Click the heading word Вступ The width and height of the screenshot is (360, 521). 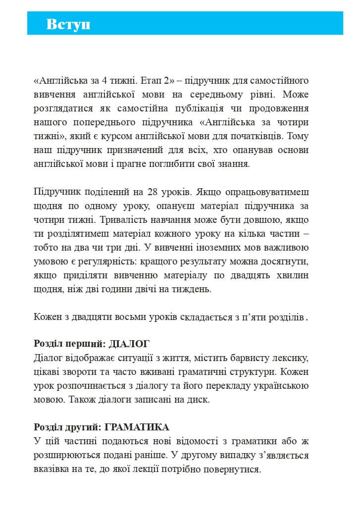(x=68, y=24)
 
